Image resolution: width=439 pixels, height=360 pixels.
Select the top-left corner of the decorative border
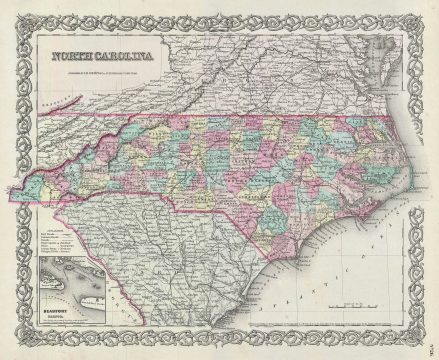pyautogui.click(x=16, y=13)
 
